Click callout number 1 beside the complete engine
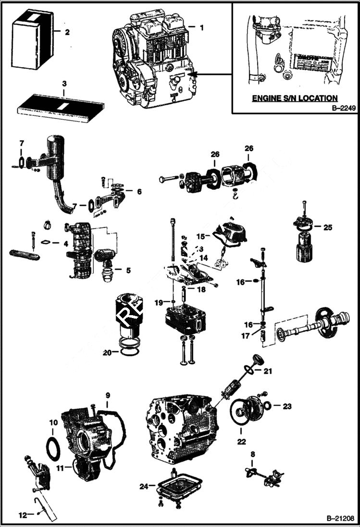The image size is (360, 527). pyautogui.click(x=201, y=28)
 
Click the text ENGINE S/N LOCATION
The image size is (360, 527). pyautogui.click(x=295, y=98)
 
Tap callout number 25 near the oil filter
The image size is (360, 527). pyautogui.click(x=328, y=227)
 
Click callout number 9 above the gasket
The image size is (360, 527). pyautogui.click(x=108, y=395)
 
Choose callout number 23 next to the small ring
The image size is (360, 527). pyautogui.click(x=287, y=406)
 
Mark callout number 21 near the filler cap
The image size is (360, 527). pyautogui.click(x=267, y=371)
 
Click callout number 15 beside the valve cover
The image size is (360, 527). pyautogui.click(x=200, y=236)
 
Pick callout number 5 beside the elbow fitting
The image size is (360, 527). pyautogui.click(x=128, y=270)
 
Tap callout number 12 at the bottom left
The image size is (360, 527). pyautogui.click(x=23, y=515)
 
